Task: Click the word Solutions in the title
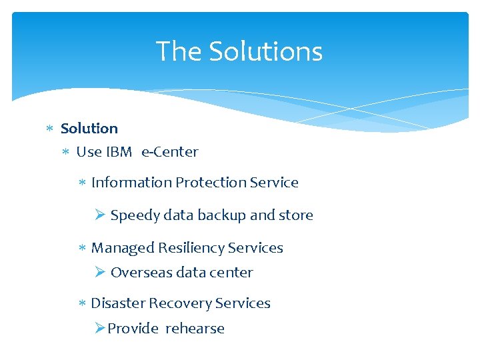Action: (265, 51)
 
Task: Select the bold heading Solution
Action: (89, 128)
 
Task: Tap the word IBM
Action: (119, 152)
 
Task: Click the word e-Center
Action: (170, 152)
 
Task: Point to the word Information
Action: (131, 182)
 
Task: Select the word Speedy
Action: (135, 215)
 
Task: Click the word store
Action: (296, 215)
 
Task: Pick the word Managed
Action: (123, 248)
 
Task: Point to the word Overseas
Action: (141, 272)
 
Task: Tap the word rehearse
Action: (195, 328)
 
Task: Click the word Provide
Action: (133, 328)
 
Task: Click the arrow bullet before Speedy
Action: (100, 215)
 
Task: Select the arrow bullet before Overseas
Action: (100, 272)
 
